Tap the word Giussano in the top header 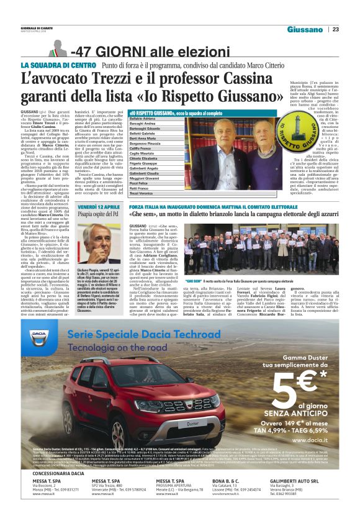pyautogui.click(x=305, y=29)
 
